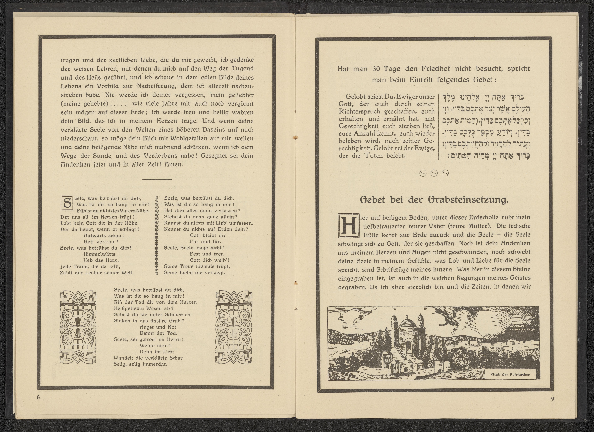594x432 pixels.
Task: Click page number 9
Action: click(553, 399)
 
